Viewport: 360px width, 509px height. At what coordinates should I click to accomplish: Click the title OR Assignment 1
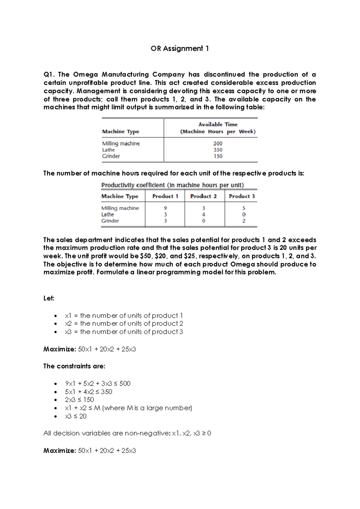(180, 49)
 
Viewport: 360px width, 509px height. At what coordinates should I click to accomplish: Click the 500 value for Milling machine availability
(218, 143)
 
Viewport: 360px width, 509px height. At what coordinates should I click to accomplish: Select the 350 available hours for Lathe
(218, 150)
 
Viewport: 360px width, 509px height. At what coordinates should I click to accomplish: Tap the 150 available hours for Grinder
(218, 156)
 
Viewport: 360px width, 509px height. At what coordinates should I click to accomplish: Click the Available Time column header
(218, 128)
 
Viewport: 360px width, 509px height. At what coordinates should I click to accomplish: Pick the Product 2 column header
(203, 196)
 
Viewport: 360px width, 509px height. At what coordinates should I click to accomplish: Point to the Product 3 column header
(242, 196)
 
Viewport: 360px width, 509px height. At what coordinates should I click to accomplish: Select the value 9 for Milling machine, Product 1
(165, 208)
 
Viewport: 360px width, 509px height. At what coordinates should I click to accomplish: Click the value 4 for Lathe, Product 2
(204, 215)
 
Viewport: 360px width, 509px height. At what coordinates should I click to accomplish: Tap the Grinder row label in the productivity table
(110, 221)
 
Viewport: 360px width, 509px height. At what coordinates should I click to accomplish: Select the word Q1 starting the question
(49, 74)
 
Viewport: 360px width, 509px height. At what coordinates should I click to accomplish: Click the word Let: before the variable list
(49, 298)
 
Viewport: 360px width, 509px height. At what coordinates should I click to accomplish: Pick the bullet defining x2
(124, 324)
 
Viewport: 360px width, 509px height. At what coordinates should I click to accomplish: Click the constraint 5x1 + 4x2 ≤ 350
(88, 392)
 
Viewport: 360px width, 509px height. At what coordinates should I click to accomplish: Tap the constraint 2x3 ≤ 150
(79, 400)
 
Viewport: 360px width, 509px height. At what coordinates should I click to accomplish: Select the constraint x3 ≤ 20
(76, 416)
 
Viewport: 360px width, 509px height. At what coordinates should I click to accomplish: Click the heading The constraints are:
(74, 366)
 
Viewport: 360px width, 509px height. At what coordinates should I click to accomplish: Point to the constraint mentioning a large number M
(128, 408)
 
